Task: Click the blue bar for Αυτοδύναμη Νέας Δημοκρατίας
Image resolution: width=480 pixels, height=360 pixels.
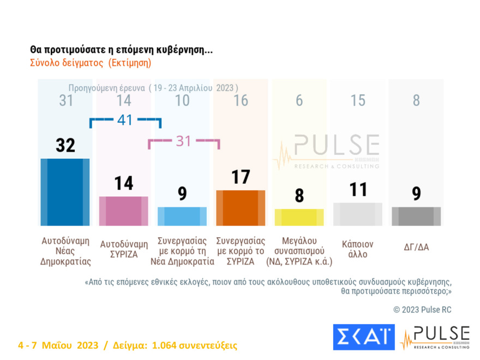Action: tap(65, 192)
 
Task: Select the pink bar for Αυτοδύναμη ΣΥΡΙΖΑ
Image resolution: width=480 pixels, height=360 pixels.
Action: tap(124, 211)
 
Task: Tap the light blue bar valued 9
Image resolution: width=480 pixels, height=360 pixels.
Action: tap(182, 216)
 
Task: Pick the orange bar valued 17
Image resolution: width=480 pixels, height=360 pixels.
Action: tap(241, 208)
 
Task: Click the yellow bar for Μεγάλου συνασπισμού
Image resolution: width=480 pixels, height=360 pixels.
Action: tap(299, 217)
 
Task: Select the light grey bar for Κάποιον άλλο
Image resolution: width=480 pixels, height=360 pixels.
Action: tap(357, 214)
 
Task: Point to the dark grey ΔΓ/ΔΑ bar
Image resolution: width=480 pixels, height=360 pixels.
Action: tap(416, 216)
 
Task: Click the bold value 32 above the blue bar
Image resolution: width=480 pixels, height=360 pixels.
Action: tap(65, 146)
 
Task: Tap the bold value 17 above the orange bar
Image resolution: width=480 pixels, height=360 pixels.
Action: tap(241, 177)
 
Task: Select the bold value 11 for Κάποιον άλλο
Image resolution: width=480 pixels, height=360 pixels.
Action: tap(357, 189)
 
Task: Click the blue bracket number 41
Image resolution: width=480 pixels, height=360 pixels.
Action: tap(125, 120)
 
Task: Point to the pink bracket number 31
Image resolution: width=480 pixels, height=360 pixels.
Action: tap(184, 141)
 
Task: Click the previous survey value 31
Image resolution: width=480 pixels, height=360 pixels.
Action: tap(65, 100)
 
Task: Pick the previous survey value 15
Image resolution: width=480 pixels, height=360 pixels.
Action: tap(357, 100)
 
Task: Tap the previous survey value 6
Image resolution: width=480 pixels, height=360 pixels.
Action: tap(299, 100)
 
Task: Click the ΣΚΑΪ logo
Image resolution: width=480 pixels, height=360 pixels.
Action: tap(363, 337)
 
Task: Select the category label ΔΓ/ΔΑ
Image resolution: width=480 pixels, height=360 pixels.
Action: tap(416, 247)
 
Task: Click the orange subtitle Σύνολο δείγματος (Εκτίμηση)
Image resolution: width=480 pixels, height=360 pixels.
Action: tap(90, 63)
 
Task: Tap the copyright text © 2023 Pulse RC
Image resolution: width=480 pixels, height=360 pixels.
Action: tap(422, 310)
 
